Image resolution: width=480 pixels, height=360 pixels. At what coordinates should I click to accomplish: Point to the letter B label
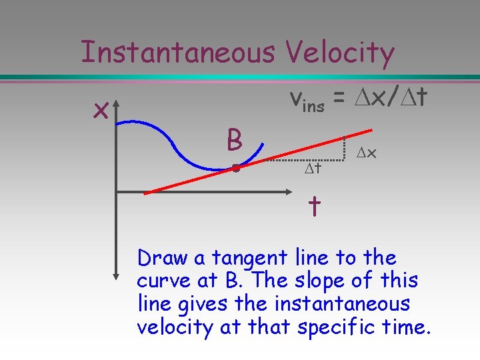[x=233, y=141]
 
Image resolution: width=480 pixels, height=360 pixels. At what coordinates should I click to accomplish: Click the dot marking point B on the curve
[x=235, y=169]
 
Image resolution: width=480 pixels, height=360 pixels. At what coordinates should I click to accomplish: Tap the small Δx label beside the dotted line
[x=367, y=153]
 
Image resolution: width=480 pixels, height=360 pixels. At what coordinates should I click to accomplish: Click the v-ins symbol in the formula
[x=306, y=101]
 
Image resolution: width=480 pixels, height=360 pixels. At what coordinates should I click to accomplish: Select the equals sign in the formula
[x=339, y=100]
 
